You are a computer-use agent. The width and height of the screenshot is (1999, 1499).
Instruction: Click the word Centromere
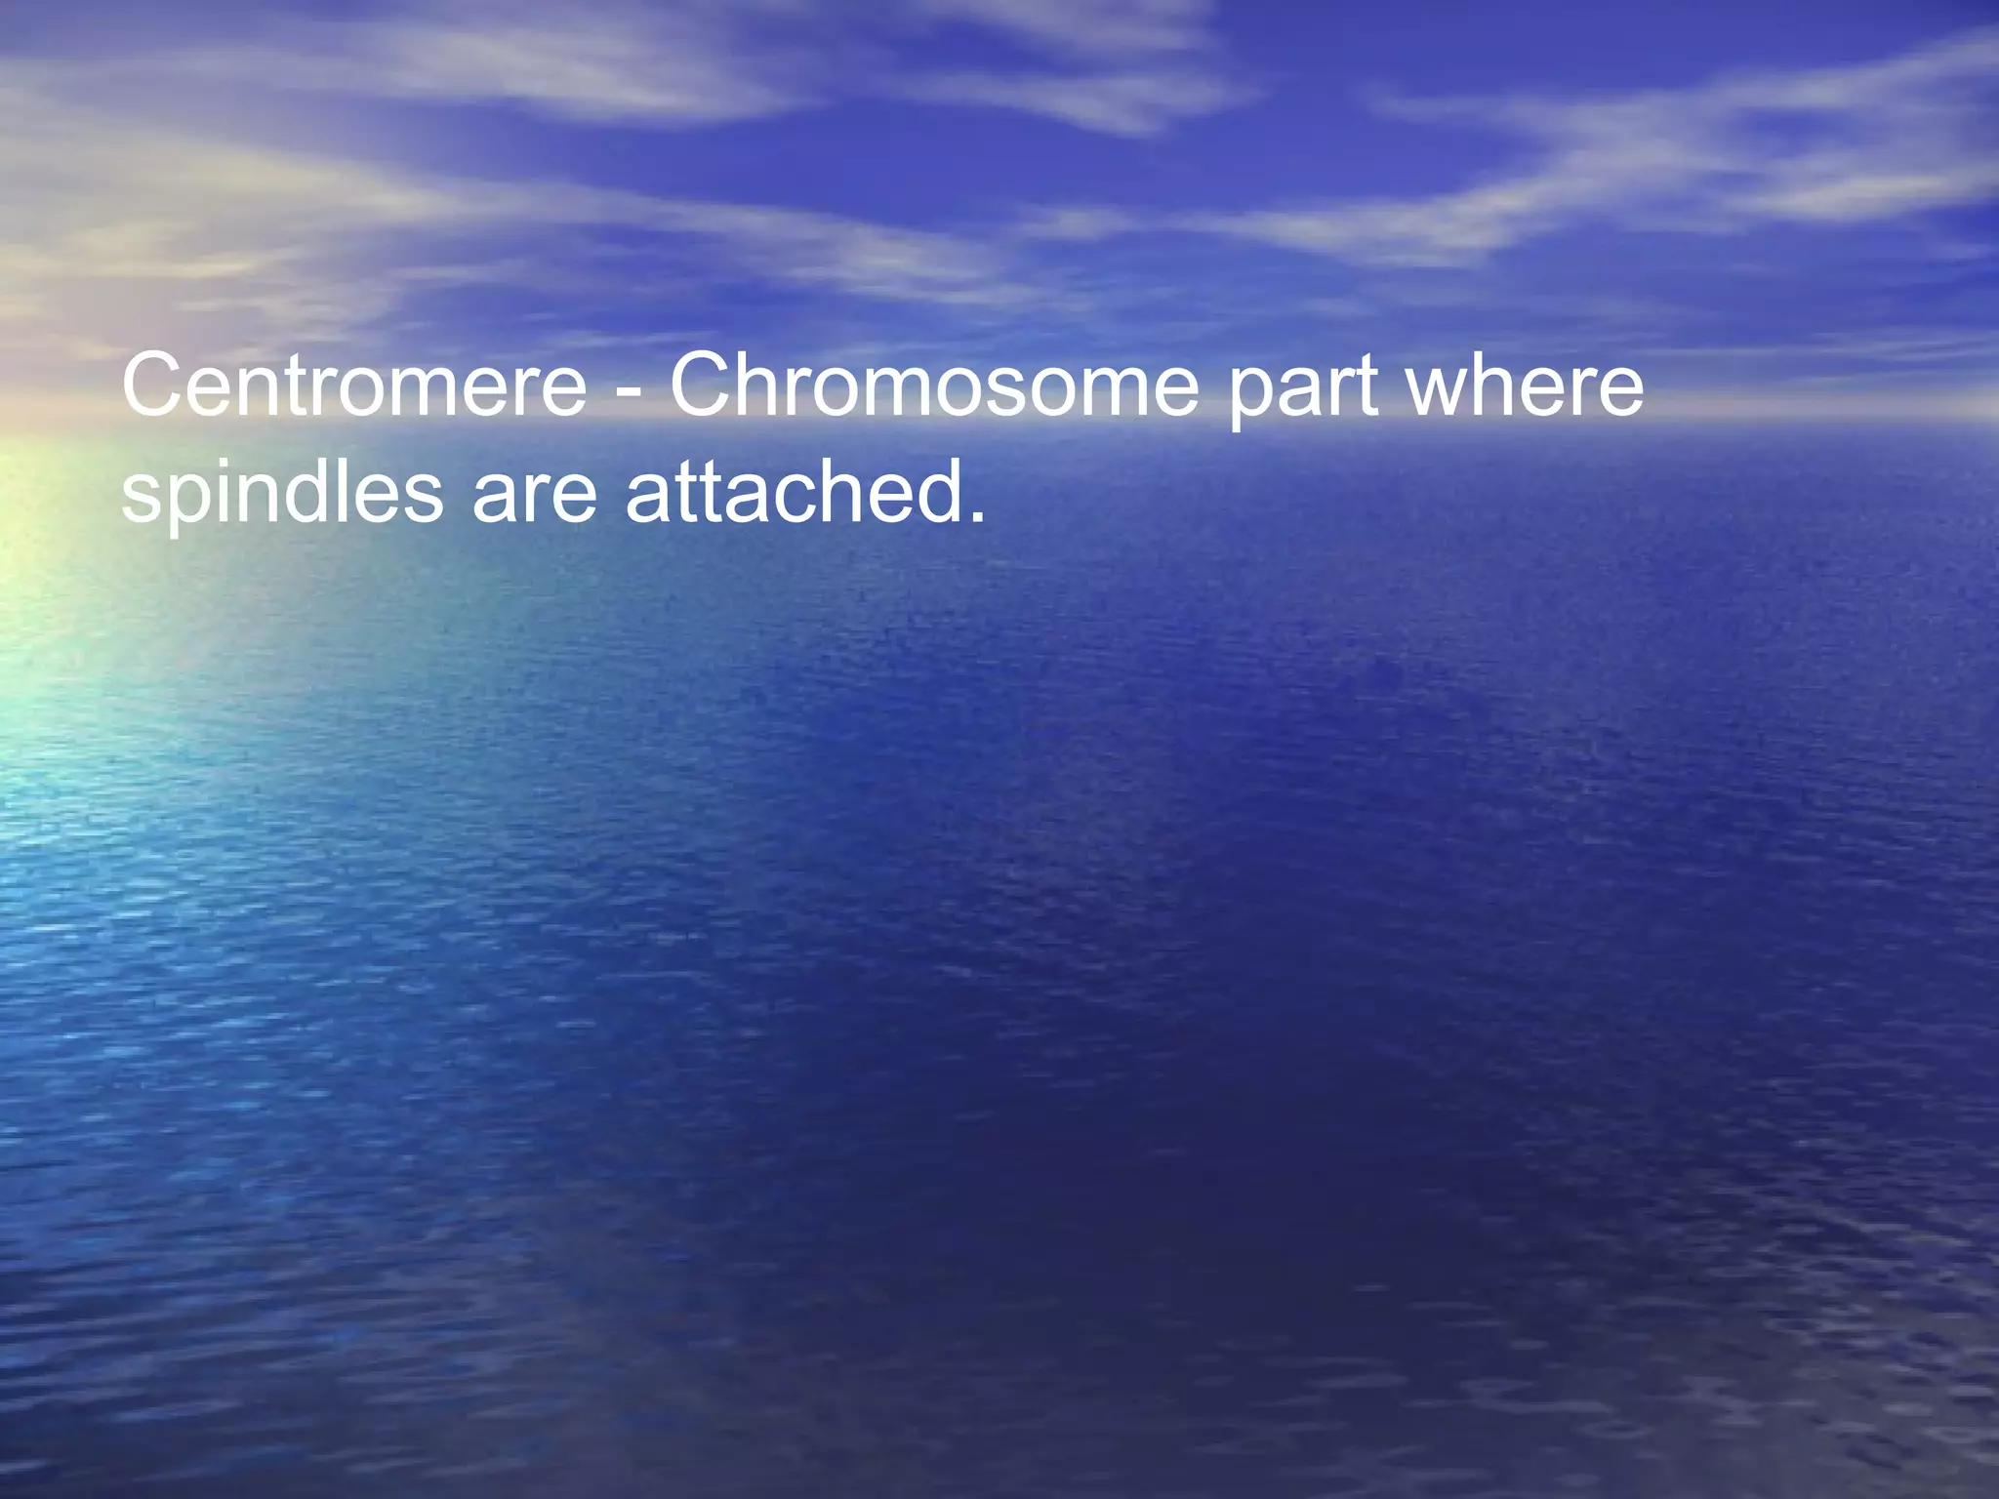353,386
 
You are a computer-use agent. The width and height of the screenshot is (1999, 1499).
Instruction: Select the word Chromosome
933,386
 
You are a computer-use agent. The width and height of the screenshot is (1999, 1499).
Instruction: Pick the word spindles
282,494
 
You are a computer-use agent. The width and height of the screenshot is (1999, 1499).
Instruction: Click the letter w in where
1443,390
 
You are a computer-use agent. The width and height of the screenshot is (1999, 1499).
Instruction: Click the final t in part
1367,388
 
